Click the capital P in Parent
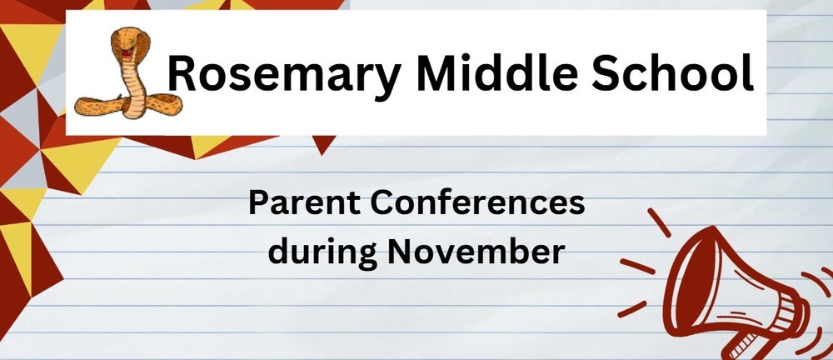click(x=258, y=204)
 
